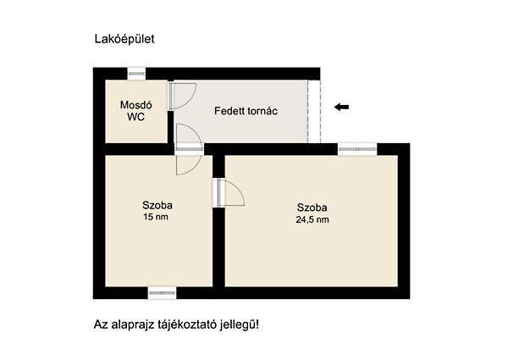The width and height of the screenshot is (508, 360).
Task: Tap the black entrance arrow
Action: pos(341,107)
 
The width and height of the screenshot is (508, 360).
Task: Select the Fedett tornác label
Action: pos(246,111)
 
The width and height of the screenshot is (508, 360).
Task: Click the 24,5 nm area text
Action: pos(313,219)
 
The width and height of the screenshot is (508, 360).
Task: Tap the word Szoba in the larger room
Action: pos(312,207)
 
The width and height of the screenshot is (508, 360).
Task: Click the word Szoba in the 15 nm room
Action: pos(157,205)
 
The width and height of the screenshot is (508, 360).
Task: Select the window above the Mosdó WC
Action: pos(137,74)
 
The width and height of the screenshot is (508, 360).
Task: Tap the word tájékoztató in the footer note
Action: pos(179,325)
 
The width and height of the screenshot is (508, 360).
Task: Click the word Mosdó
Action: pos(135,105)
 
